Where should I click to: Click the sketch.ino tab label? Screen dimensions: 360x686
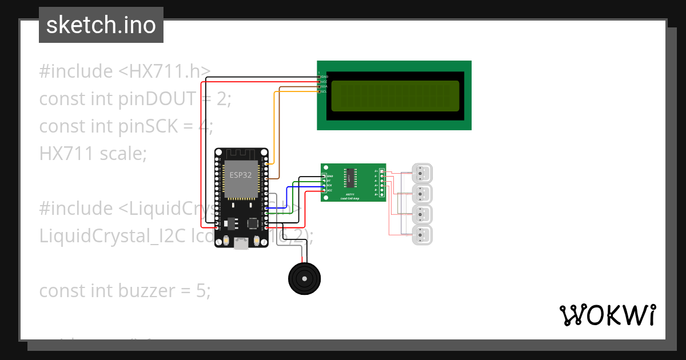pyautogui.click(x=101, y=25)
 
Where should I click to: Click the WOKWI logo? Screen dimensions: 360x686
pyautogui.click(x=607, y=315)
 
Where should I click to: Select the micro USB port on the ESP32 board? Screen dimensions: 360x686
pyautogui.click(x=241, y=244)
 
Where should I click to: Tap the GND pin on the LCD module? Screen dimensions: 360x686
pyautogui.click(x=323, y=76)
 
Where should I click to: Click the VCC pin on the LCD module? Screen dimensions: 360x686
pyautogui.click(x=323, y=81)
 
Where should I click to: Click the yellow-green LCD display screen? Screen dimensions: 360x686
pyautogui.click(x=395, y=95)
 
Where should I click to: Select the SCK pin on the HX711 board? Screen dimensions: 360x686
pyautogui.click(x=328, y=185)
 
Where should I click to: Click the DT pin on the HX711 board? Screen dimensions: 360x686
pyautogui.click(x=328, y=180)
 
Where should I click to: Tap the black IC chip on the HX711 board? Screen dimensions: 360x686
pyautogui.click(x=349, y=178)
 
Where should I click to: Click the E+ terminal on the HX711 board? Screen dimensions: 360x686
pyautogui.click(x=377, y=171)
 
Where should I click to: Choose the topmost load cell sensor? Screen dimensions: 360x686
pyautogui.click(x=422, y=173)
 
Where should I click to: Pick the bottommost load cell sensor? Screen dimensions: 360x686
pyautogui.click(x=422, y=235)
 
